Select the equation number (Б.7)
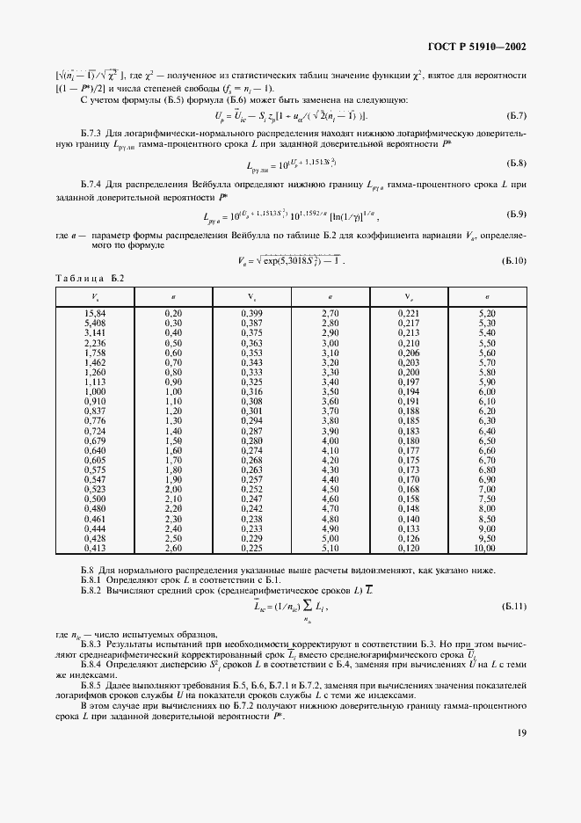click(516, 116)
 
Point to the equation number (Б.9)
click(516, 215)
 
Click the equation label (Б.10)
click(514, 260)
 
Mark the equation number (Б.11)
click(514, 607)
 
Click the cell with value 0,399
click(251, 313)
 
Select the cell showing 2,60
click(173, 548)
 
